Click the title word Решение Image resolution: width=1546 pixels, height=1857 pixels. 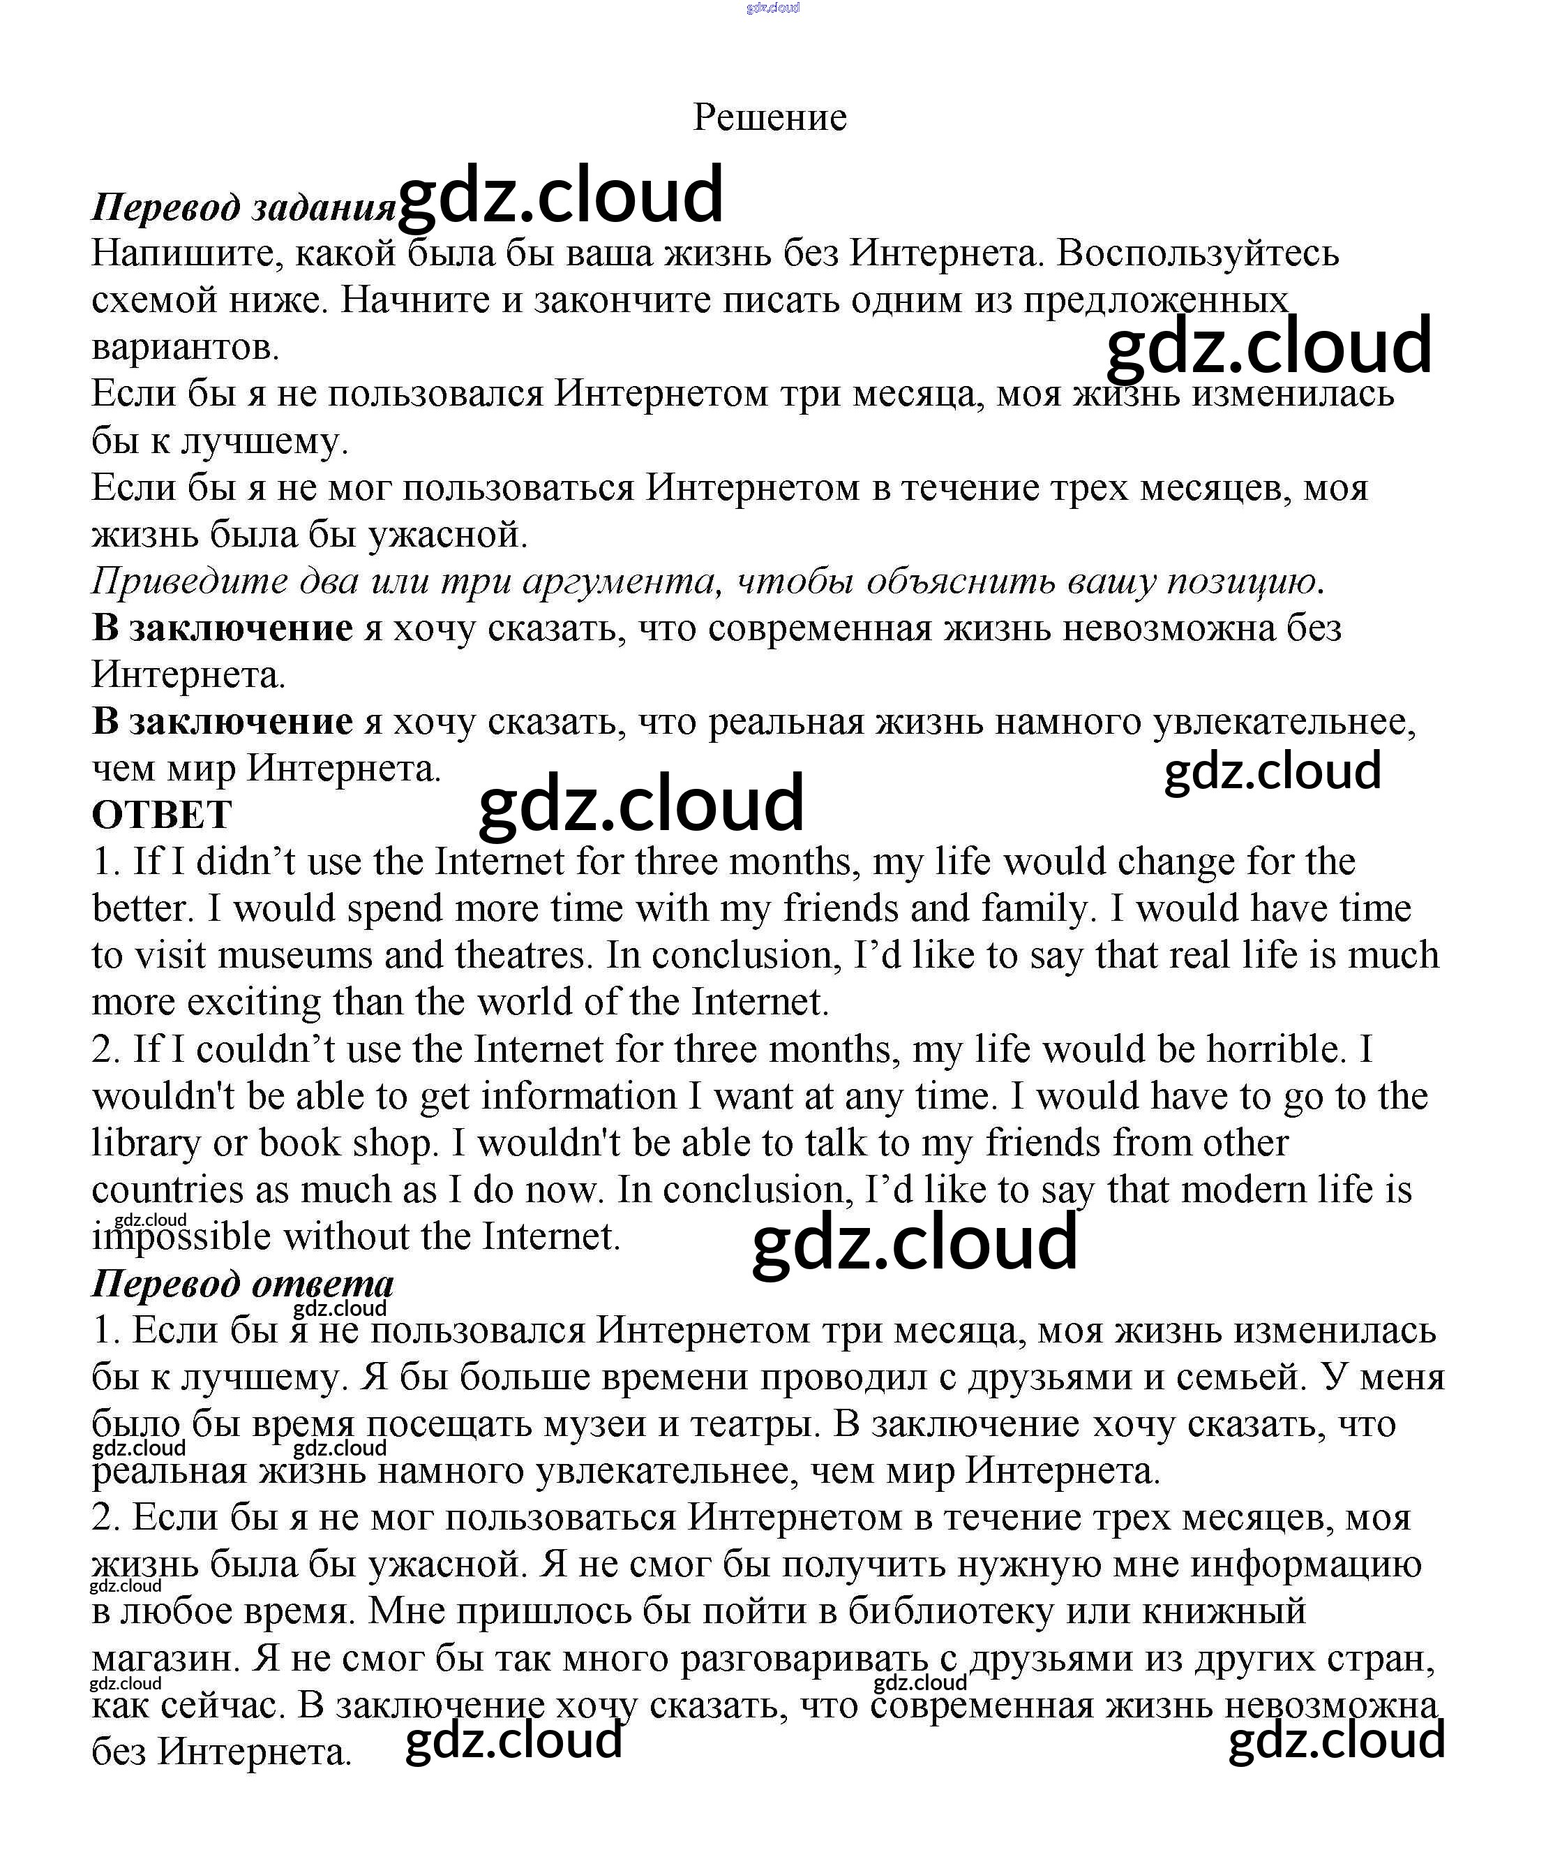769,117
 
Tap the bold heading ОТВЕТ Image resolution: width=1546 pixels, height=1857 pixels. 162,815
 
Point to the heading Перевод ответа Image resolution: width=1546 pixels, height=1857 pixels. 243,1284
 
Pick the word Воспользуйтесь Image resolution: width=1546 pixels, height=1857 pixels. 1198,255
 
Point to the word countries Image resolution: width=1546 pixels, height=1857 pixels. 167,1190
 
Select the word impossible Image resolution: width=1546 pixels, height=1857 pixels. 181,1237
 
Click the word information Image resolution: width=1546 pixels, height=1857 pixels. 579,1097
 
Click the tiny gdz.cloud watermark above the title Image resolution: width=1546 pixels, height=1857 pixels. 772,8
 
